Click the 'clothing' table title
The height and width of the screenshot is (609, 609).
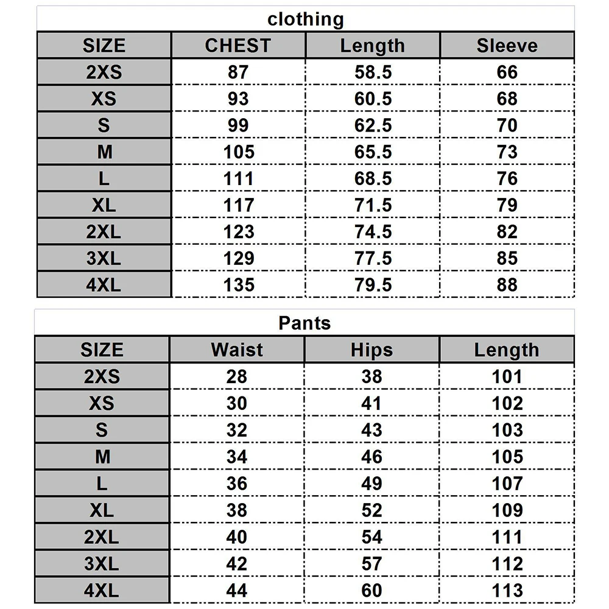306,19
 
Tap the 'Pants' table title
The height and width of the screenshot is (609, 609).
304,323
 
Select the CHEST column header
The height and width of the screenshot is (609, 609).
238,46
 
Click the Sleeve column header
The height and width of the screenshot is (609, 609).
507,46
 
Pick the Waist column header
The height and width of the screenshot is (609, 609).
237,350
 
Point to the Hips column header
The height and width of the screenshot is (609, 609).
371,350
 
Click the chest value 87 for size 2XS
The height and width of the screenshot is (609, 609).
238,72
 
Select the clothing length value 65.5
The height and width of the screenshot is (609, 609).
373,152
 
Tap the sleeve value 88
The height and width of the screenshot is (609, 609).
507,285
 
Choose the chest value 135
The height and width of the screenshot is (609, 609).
238,285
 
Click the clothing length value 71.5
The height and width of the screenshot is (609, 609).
373,205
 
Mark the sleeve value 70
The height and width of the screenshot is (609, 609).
507,125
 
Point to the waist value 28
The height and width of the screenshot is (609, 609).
237,376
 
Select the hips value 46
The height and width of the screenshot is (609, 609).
371,457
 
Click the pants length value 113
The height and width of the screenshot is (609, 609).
507,590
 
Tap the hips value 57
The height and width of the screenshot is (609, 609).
371,563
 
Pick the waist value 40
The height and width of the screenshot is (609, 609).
237,537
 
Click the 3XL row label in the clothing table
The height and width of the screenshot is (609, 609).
104,258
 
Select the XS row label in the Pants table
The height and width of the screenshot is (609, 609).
102,403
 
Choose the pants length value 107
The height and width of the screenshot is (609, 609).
507,484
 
